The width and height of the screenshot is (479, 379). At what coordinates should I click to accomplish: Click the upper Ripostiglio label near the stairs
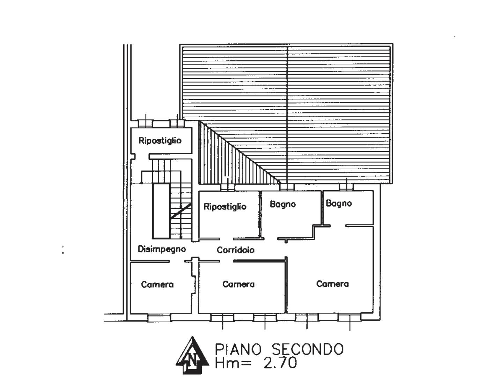pyautogui.click(x=160, y=141)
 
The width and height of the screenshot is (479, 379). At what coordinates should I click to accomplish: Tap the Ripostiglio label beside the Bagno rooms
pyautogui.click(x=225, y=207)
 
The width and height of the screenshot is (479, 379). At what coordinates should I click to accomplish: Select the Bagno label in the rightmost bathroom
pyautogui.click(x=339, y=203)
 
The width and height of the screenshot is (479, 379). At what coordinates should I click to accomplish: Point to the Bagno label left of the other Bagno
pyautogui.click(x=282, y=204)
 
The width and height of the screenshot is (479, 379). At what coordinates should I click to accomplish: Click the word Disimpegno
pyautogui.click(x=162, y=249)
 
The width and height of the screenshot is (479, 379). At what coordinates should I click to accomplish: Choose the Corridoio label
pyautogui.click(x=235, y=250)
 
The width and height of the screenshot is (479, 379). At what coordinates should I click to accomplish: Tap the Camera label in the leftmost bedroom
pyautogui.click(x=157, y=284)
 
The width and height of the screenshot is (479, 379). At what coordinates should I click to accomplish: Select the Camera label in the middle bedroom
pyautogui.click(x=238, y=284)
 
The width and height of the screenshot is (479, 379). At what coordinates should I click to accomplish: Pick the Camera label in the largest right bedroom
pyautogui.click(x=332, y=284)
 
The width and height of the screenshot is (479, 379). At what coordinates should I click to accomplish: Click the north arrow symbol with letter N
pyautogui.click(x=192, y=356)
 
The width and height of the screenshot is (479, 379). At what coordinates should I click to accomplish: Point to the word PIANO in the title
pyautogui.click(x=238, y=349)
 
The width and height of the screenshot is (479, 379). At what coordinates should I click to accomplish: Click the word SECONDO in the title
pyautogui.click(x=308, y=349)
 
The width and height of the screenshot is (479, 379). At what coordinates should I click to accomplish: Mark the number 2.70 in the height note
pyautogui.click(x=280, y=363)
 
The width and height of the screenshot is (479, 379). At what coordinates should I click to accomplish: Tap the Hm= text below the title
pyautogui.click(x=233, y=363)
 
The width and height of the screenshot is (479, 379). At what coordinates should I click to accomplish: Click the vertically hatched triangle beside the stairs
pyautogui.click(x=223, y=164)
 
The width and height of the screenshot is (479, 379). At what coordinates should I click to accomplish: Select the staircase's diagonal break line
pyautogui.click(x=181, y=211)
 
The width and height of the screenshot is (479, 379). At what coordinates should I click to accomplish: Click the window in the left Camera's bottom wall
pyautogui.click(x=159, y=318)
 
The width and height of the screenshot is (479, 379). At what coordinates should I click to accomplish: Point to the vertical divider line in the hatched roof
pyautogui.click(x=287, y=115)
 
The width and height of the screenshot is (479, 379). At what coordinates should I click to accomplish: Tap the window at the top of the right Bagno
pyautogui.click(x=346, y=187)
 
